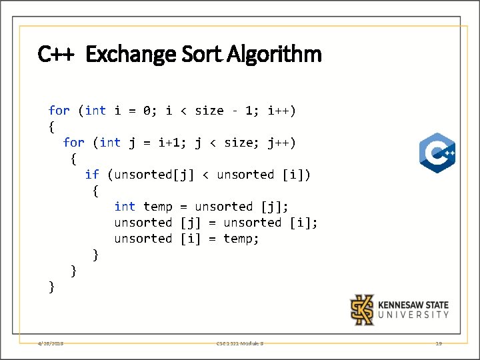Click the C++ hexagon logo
[437, 153]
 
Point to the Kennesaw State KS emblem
[363, 310]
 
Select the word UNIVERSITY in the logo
[413, 315]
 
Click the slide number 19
[438, 343]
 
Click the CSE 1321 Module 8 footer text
[239, 343]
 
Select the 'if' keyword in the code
[92, 175]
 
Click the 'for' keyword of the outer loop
[59, 111]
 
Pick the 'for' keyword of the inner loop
[73, 143]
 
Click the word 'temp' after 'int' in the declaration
[157, 207]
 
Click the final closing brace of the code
[52, 287]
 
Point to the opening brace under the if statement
[95, 191]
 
